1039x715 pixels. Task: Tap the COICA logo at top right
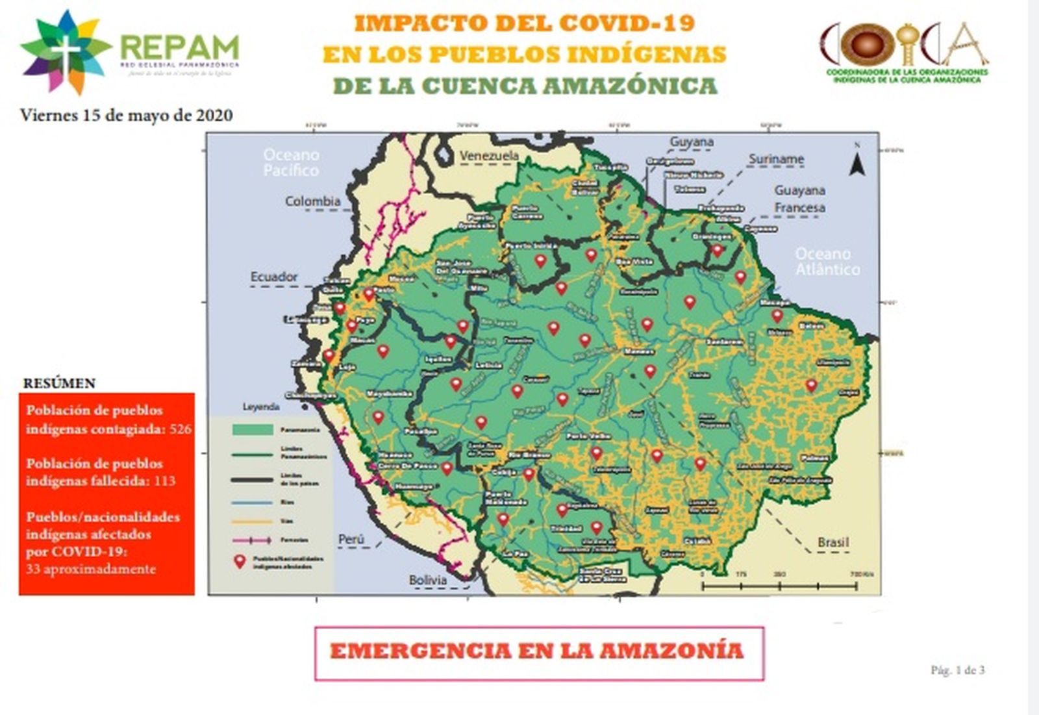pyautogui.click(x=904, y=52)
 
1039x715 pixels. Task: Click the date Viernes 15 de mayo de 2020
pyautogui.click(x=127, y=116)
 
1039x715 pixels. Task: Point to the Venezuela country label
pyautogui.click(x=489, y=156)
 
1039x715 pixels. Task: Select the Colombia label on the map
pyautogui.click(x=312, y=201)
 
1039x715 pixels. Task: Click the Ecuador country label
pyautogui.click(x=274, y=277)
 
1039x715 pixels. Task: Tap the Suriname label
pyautogui.click(x=776, y=159)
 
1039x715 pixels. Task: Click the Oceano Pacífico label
pyautogui.click(x=291, y=162)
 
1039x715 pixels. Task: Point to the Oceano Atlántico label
pyautogui.click(x=827, y=262)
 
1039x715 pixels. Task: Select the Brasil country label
pyautogui.click(x=832, y=542)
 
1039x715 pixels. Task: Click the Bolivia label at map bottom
pyautogui.click(x=427, y=580)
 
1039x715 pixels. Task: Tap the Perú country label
pyautogui.click(x=351, y=540)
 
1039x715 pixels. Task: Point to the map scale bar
pyautogui.click(x=779, y=586)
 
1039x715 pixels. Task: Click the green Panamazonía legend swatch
pyautogui.click(x=253, y=430)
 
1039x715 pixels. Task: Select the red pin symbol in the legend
pyautogui.click(x=240, y=562)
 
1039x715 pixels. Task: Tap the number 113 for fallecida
pyautogui.click(x=164, y=481)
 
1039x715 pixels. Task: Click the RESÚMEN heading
pyautogui.click(x=59, y=383)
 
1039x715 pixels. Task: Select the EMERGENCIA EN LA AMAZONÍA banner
pyautogui.click(x=538, y=652)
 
